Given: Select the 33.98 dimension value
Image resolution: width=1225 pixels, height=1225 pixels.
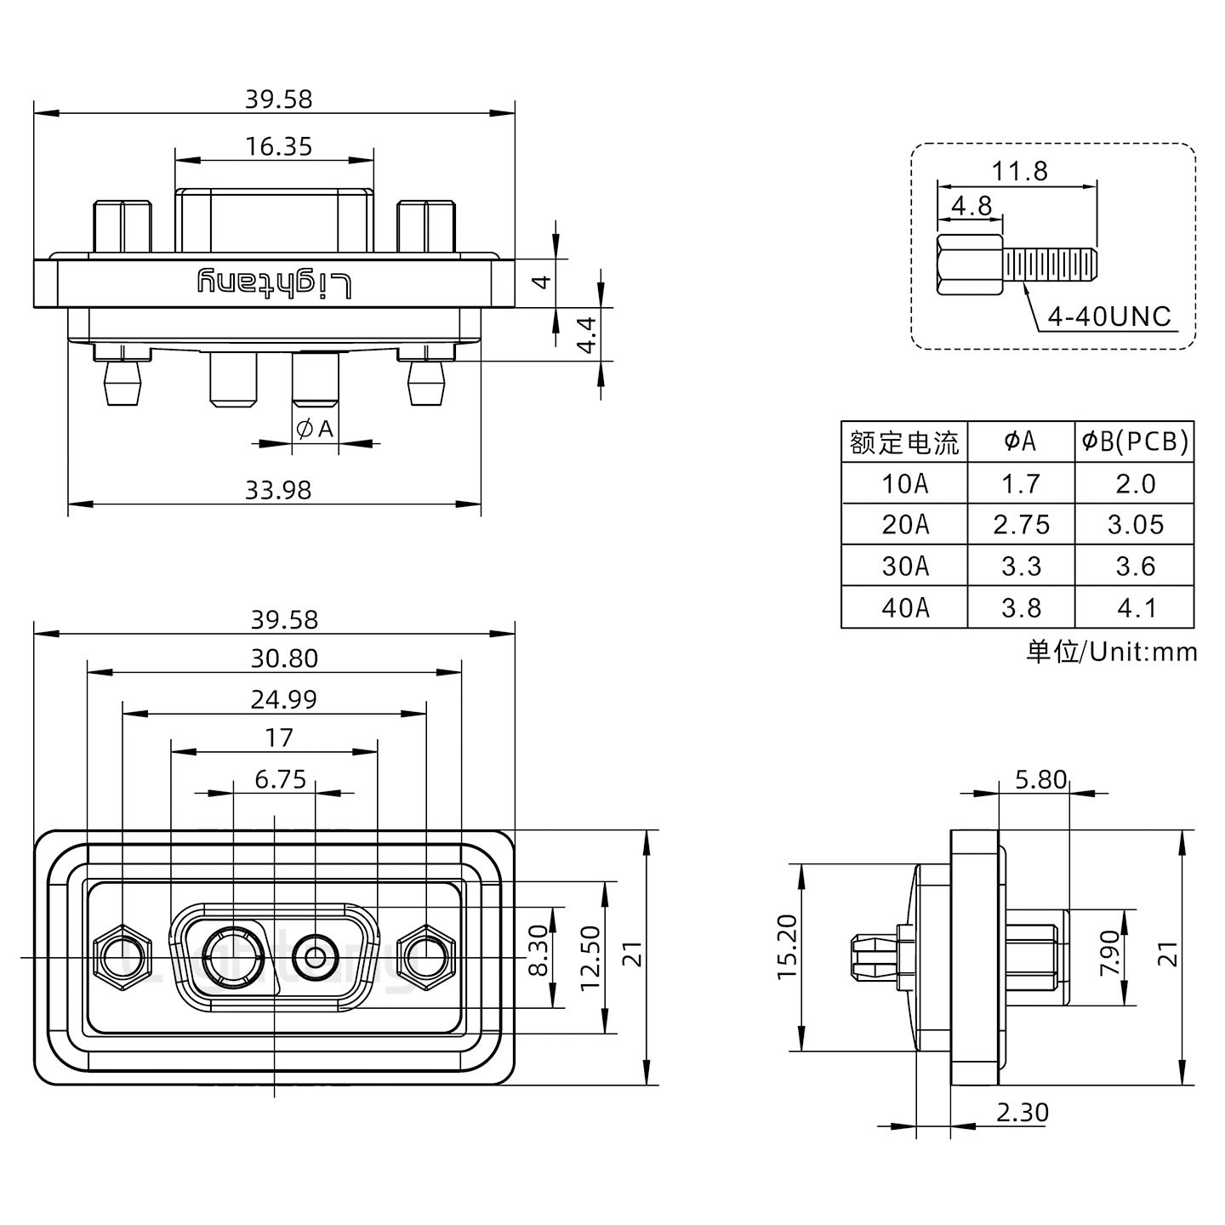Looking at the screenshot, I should click(278, 490).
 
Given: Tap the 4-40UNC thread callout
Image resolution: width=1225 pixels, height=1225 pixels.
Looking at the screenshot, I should click(1109, 316).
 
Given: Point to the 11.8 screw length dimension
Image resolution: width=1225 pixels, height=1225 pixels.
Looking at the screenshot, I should click(1019, 171).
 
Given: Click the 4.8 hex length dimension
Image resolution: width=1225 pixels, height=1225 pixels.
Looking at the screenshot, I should click(971, 206).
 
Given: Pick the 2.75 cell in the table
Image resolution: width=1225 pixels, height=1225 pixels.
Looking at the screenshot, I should click(1021, 525).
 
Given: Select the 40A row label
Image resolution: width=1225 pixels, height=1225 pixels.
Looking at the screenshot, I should click(905, 607).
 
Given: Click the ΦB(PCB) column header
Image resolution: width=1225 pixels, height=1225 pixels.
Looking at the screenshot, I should click(1134, 441).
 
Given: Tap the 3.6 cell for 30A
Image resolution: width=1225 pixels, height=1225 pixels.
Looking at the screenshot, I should click(1135, 567).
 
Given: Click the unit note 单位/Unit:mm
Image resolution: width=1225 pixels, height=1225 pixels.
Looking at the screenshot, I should click(1111, 652).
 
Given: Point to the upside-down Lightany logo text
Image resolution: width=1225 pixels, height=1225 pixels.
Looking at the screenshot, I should click(274, 283).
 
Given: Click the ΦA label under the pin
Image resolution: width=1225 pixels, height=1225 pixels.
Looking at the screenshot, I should click(316, 430).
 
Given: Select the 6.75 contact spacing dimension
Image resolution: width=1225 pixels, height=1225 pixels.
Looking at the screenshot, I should click(280, 778).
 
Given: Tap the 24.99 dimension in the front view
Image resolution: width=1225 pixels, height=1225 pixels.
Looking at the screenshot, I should click(283, 699).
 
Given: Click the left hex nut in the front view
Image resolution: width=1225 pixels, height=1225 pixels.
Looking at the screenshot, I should click(122, 959).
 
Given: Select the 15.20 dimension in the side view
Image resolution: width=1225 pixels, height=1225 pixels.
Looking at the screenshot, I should click(788, 958).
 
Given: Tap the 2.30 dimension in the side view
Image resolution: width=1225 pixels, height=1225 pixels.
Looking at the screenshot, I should click(1022, 1113).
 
